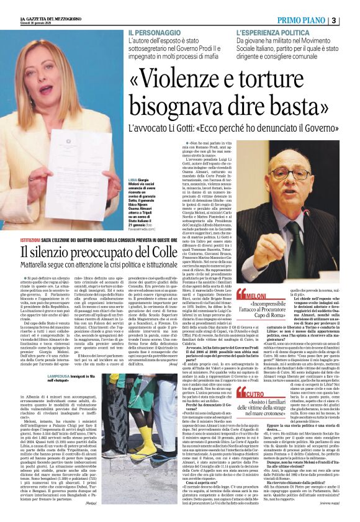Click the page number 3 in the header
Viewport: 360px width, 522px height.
point(351,20)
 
